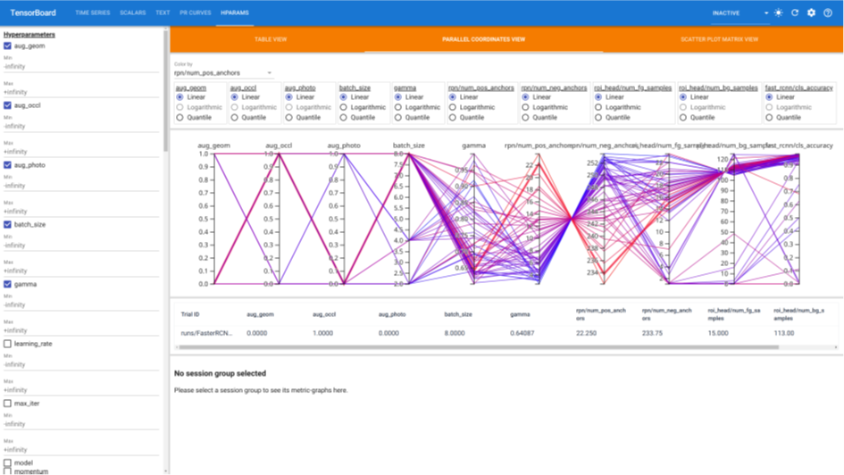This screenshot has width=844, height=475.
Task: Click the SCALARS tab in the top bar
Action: click(x=132, y=13)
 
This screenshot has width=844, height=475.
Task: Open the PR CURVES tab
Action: click(x=196, y=13)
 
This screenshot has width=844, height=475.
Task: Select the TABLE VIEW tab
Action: click(x=271, y=39)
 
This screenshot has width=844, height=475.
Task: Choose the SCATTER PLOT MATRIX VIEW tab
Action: click(x=719, y=39)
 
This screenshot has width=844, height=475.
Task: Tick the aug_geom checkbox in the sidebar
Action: click(x=8, y=46)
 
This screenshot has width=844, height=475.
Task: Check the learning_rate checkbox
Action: click(x=8, y=344)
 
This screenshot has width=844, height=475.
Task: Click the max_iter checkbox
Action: click(x=8, y=404)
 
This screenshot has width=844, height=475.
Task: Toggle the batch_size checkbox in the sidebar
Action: click(x=8, y=224)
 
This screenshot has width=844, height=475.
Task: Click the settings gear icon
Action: click(x=811, y=13)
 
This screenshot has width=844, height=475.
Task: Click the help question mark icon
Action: click(x=828, y=13)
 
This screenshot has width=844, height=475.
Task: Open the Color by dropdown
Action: click(x=223, y=73)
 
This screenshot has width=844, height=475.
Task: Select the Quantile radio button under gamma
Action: click(x=398, y=117)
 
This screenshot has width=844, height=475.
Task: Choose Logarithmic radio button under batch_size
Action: click(x=344, y=107)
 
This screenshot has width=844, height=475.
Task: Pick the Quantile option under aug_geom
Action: click(x=180, y=117)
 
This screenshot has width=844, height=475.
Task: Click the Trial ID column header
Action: click(x=189, y=314)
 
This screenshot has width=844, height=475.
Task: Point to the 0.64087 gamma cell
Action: click(x=522, y=333)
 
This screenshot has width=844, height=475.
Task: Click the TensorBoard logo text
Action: click(x=32, y=13)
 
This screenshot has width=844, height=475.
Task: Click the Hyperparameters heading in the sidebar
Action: click(x=29, y=35)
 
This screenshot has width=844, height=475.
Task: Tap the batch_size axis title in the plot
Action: click(x=409, y=146)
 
